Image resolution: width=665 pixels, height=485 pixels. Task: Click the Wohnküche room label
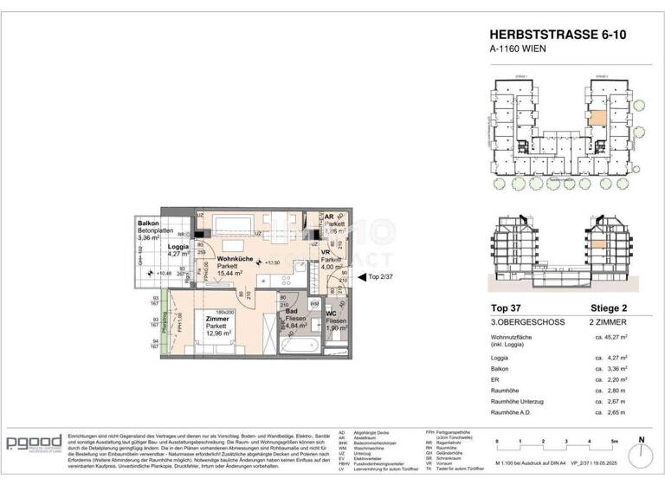click(x=236, y=259)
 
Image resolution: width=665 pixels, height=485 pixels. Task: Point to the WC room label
click(x=331, y=314)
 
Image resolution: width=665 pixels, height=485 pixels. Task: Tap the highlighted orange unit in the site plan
click(x=597, y=119)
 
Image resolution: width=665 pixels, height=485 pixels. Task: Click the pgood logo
click(x=34, y=443)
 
